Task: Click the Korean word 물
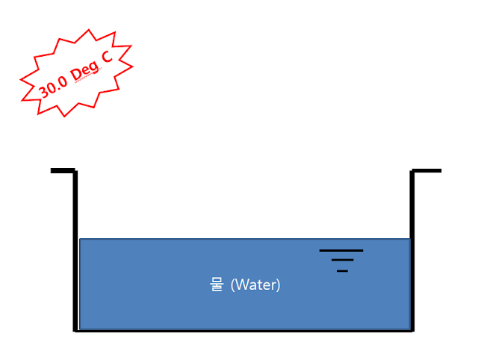pyautogui.click(x=217, y=285)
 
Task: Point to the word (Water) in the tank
pyautogui.click(x=255, y=285)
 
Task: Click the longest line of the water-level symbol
pyautogui.click(x=341, y=251)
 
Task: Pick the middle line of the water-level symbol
pyautogui.click(x=342, y=260)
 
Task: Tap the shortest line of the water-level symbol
pyautogui.click(x=342, y=270)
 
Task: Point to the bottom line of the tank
pyautogui.click(x=243, y=331)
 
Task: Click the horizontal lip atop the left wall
pyautogui.click(x=62, y=171)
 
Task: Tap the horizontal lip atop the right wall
pyautogui.click(x=427, y=171)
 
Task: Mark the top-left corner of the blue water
pyautogui.click(x=80, y=239)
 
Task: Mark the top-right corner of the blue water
pyautogui.click(x=409, y=239)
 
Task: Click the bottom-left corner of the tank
pyautogui.click(x=75, y=330)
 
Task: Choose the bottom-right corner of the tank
pyautogui.click(x=412, y=330)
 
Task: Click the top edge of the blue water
pyautogui.click(x=224, y=239)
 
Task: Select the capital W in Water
pyautogui.click(x=240, y=285)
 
